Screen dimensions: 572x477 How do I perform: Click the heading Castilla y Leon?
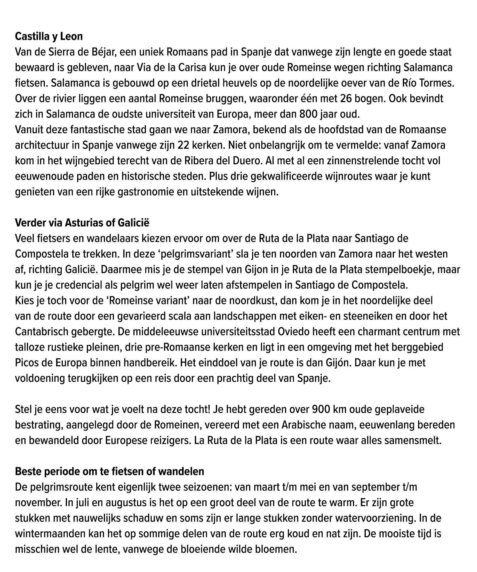click(x=49, y=36)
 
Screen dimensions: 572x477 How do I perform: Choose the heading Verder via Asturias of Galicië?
click(x=82, y=223)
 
